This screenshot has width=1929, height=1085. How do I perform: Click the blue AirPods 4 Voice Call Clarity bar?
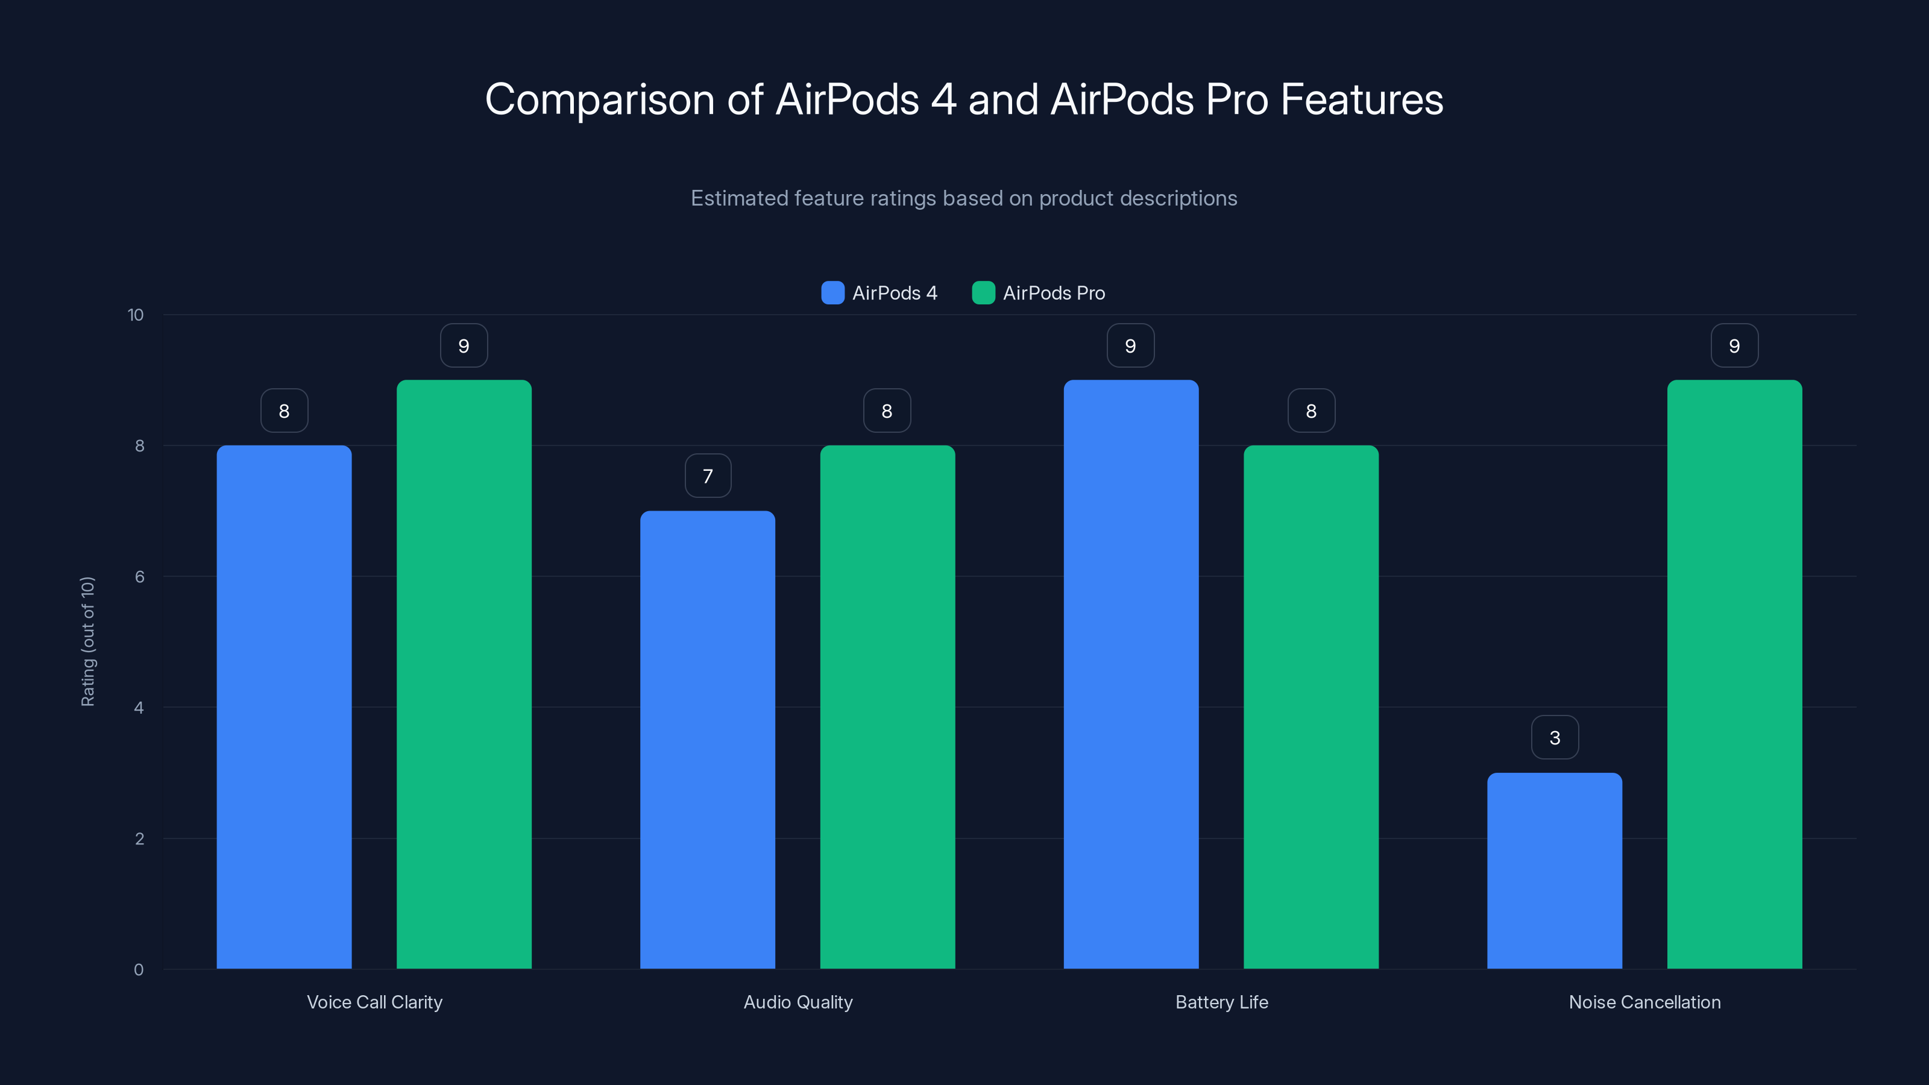tap(284, 707)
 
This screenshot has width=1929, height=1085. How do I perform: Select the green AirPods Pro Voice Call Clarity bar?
tap(464, 674)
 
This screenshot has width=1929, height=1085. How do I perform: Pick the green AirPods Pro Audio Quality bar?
tap(887, 707)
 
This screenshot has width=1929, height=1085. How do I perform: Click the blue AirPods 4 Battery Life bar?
tap(1131, 674)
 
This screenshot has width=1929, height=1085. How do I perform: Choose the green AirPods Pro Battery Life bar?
tap(1311, 707)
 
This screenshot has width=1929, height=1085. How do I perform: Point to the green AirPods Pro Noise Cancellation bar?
tap(1734, 674)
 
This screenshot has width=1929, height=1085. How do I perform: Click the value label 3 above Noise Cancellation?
tap(1555, 738)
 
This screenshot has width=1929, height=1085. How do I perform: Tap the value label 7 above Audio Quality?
tap(708, 476)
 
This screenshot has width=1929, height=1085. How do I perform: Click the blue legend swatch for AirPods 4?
tap(832, 293)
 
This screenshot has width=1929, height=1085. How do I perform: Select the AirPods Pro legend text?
tap(1054, 293)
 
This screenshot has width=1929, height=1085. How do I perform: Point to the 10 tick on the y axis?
tap(136, 315)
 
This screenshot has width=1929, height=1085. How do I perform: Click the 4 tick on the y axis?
tap(139, 708)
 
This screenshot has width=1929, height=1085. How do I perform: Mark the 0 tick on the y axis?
tap(139, 970)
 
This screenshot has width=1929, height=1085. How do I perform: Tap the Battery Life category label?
tap(1221, 1002)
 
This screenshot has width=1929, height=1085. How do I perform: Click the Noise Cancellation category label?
tap(1644, 1002)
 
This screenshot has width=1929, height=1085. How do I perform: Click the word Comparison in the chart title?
tap(599, 99)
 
